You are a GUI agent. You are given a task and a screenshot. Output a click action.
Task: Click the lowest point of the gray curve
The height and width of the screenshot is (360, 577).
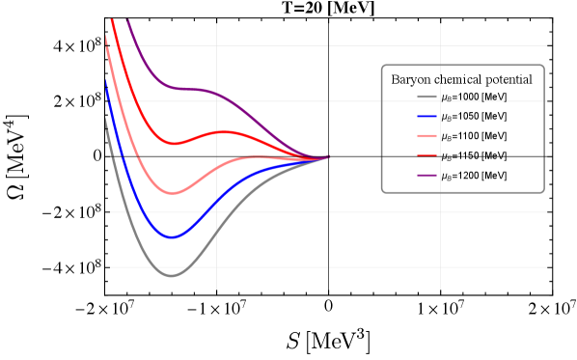(x=172, y=276)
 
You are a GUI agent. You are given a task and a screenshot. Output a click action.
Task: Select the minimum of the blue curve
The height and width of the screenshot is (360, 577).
(x=172, y=236)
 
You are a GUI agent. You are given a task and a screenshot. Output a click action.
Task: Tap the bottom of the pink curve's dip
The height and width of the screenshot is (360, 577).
(x=173, y=193)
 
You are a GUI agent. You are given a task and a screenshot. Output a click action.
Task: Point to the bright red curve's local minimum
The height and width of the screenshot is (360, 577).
(x=175, y=144)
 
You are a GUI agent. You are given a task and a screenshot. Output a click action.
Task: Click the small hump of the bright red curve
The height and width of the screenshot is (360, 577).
(x=225, y=131)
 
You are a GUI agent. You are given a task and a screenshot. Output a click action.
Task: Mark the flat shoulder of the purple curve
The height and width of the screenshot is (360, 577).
(x=193, y=89)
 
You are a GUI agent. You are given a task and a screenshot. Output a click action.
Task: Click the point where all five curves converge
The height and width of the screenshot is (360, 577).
(x=328, y=156)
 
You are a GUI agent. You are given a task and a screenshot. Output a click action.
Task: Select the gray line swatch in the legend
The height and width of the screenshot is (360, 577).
(x=427, y=97)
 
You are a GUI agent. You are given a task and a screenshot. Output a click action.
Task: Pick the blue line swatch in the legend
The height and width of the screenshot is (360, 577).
(x=427, y=116)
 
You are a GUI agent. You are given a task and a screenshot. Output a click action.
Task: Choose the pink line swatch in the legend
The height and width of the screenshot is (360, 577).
(x=427, y=136)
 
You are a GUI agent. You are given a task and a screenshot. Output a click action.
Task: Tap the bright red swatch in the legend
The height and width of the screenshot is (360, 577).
(x=427, y=155)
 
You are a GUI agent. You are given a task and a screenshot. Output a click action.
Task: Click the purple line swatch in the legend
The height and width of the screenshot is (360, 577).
(x=427, y=175)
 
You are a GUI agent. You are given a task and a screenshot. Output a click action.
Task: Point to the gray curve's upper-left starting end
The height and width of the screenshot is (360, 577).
(x=105, y=120)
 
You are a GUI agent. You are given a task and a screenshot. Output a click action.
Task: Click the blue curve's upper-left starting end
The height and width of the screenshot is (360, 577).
(x=105, y=83)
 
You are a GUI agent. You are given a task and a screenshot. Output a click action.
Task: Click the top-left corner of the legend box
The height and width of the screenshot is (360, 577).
(x=382, y=66)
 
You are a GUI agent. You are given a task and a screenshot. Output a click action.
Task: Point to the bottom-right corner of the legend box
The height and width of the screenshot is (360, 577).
(x=544, y=192)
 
